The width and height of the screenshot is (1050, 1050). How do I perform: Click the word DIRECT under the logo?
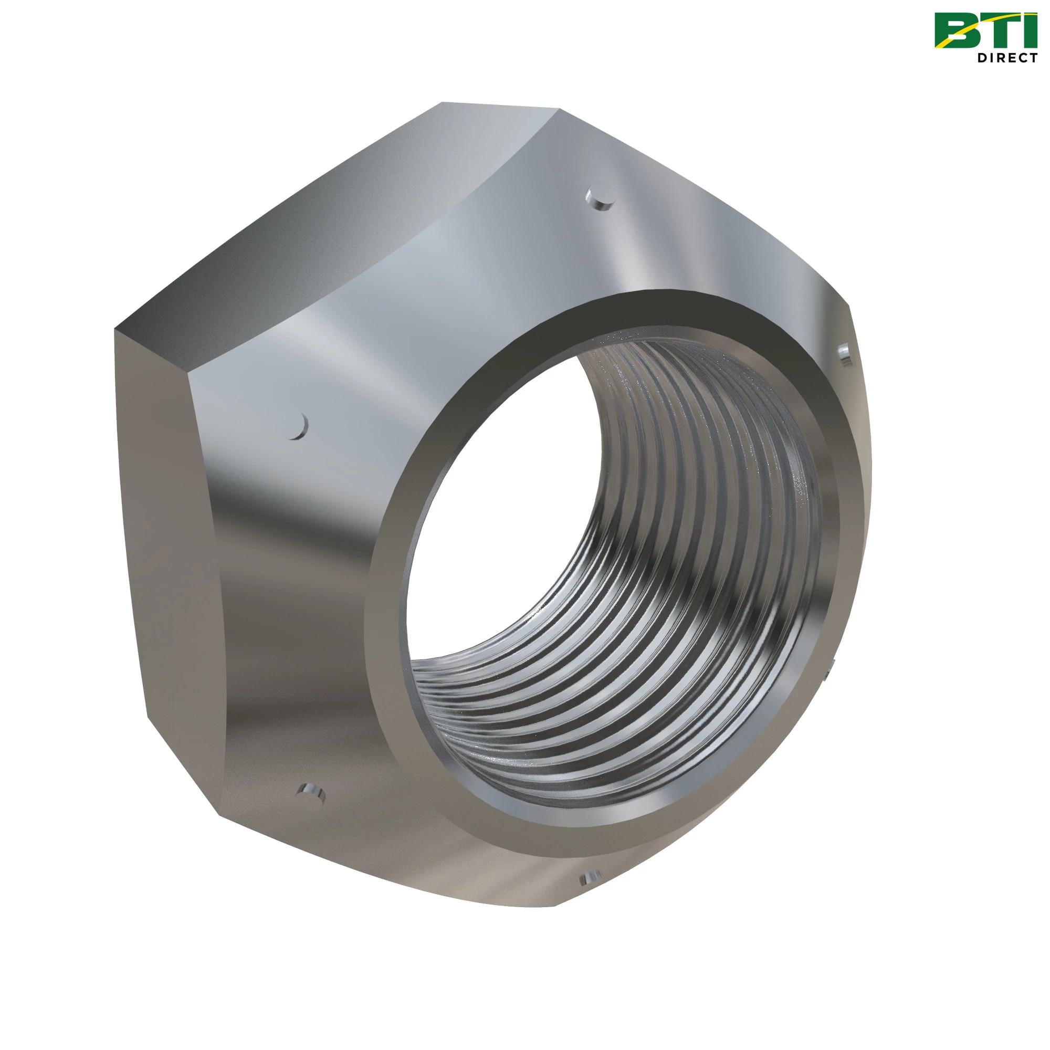[x=1005, y=58]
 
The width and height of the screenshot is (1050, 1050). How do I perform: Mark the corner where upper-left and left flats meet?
[x=114, y=329]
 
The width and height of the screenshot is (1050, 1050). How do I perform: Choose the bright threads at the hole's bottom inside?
[x=598, y=761]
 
